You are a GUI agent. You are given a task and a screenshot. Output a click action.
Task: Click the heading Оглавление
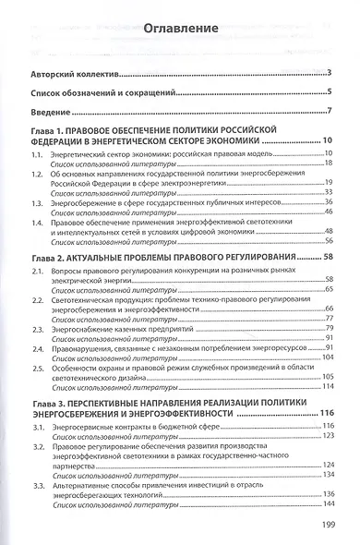click(179, 29)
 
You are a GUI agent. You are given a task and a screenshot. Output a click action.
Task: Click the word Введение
click(54, 113)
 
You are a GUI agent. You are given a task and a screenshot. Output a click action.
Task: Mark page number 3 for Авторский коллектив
click(330, 73)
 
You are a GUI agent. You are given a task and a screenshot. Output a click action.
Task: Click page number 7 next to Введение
click(330, 113)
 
